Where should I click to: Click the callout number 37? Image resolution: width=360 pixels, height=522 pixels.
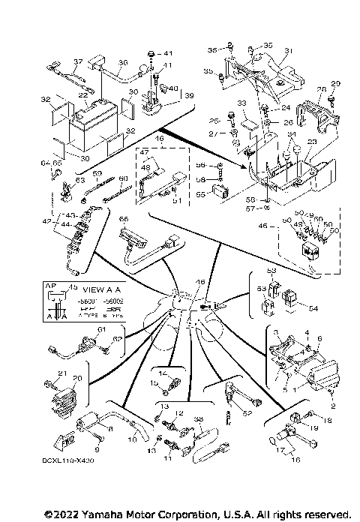pos(76,61)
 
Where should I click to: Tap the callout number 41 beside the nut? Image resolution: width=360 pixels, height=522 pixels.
pos(167,53)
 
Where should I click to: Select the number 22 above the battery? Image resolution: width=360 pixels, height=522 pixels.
pos(84,95)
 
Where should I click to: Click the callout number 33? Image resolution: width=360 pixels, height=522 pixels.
pos(241,102)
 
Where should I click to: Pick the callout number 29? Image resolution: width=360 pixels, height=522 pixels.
pos(335,83)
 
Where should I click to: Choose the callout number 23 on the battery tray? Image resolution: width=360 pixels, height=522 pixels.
pos(312,141)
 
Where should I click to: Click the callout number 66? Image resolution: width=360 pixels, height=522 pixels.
pos(124,218)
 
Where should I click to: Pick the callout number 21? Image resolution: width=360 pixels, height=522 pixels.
pos(64,374)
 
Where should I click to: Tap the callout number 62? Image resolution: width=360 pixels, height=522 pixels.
pos(116,340)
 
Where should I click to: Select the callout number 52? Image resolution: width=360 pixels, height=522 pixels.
pos(246,412)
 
